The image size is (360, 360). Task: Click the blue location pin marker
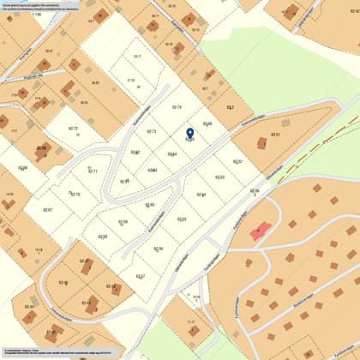190,133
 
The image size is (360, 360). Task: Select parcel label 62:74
177,107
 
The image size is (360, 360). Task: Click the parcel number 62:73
151,131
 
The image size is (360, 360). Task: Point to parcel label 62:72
73,129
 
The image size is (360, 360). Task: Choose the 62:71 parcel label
93,171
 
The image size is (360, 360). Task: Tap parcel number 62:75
75,195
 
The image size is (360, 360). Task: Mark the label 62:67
47,210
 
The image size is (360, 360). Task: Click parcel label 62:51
275,135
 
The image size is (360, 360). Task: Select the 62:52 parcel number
237,161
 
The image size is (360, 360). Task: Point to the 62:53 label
219,177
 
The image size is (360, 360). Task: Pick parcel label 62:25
182,219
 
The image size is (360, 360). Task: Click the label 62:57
141,276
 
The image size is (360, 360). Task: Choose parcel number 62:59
123,222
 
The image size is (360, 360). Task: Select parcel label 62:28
102,237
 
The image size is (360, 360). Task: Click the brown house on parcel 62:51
261,143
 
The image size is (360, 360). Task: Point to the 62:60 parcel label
150,206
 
